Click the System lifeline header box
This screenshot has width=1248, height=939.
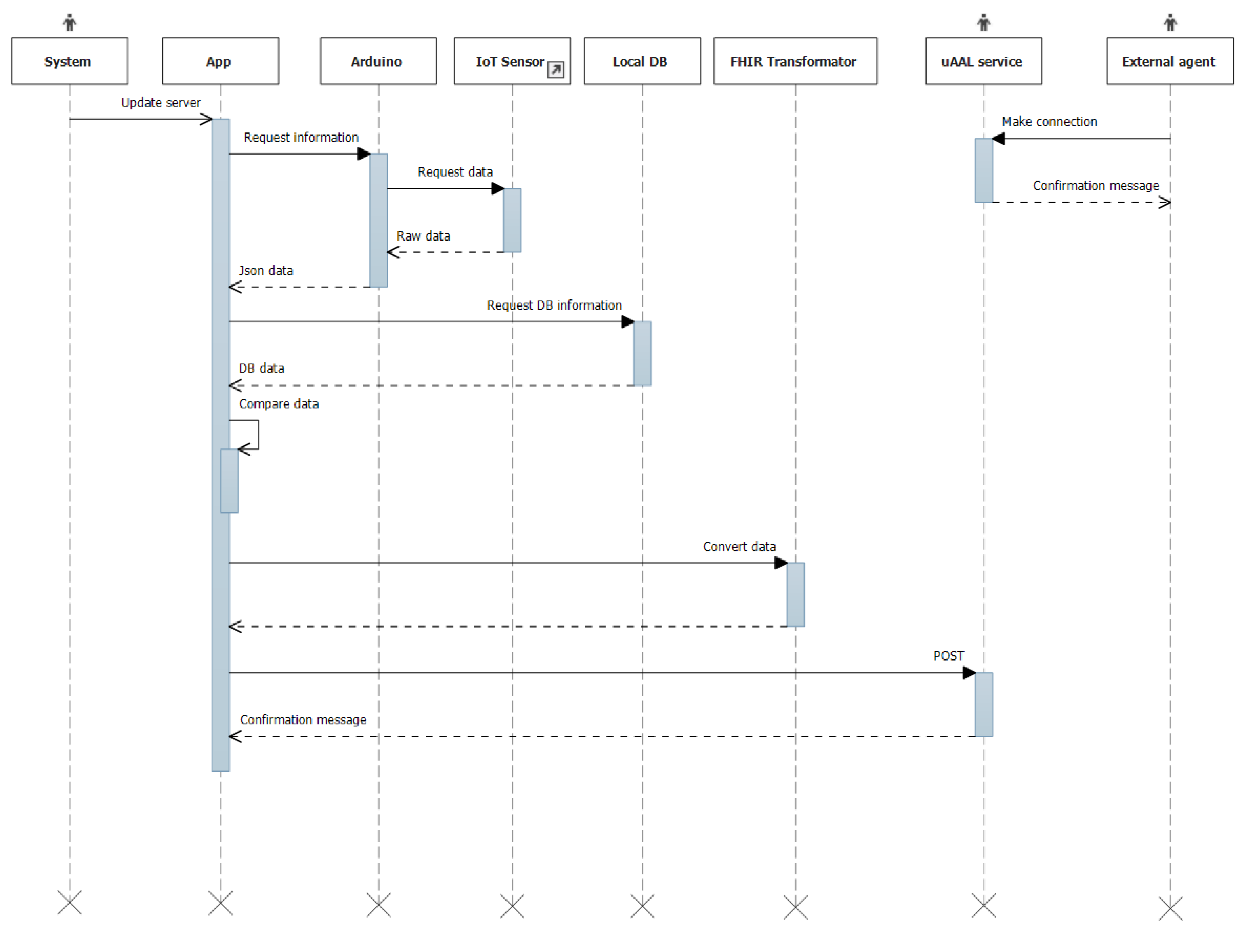[x=69, y=61]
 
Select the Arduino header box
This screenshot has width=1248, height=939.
[x=378, y=61]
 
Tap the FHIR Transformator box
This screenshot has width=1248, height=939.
[x=795, y=61]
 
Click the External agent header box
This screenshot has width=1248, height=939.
[x=1170, y=61]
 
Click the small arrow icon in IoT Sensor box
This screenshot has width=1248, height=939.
[x=556, y=69]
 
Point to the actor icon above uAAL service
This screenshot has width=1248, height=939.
[x=984, y=23]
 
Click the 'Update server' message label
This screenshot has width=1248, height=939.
[x=161, y=102]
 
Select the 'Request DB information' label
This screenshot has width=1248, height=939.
[x=554, y=305]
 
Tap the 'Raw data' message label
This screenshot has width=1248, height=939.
[x=423, y=236]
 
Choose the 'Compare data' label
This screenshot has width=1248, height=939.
[x=279, y=404]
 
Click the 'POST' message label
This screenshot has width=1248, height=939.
[x=948, y=656]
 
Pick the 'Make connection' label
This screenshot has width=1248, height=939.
[x=1049, y=121]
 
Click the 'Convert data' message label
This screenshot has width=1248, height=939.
[x=739, y=546]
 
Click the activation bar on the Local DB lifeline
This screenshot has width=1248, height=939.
[x=642, y=353]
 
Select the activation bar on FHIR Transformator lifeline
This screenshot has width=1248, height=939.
[x=795, y=594]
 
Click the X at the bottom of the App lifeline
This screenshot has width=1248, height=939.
[x=220, y=903]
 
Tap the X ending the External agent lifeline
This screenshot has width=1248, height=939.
[x=1170, y=908]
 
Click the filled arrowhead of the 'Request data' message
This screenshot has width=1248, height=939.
[x=497, y=188]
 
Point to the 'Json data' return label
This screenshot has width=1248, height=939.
[x=266, y=271]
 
